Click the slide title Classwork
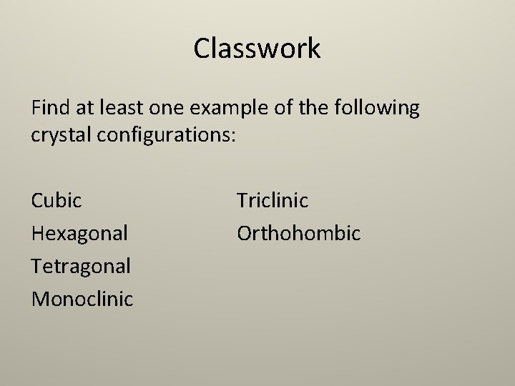pyautogui.click(x=257, y=49)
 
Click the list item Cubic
pyautogui.click(x=57, y=200)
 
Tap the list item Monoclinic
pyautogui.click(x=82, y=299)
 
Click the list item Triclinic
pyautogui.click(x=273, y=200)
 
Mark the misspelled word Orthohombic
pyautogui.click(x=299, y=233)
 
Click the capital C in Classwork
pyautogui.click(x=202, y=49)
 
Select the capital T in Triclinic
pyautogui.click(x=242, y=200)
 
